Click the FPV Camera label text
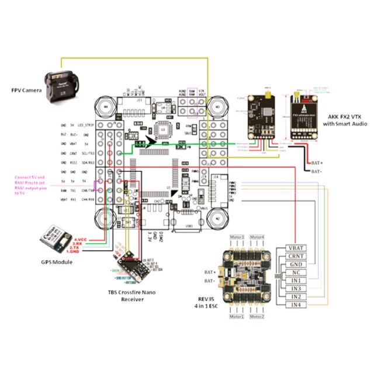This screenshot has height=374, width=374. click(x=25, y=91)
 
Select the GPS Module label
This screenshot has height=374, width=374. click(x=54, y=262)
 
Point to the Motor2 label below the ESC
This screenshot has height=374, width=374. click(x=257, y=316)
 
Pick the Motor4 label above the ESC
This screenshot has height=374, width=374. click(x=257, y=236)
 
